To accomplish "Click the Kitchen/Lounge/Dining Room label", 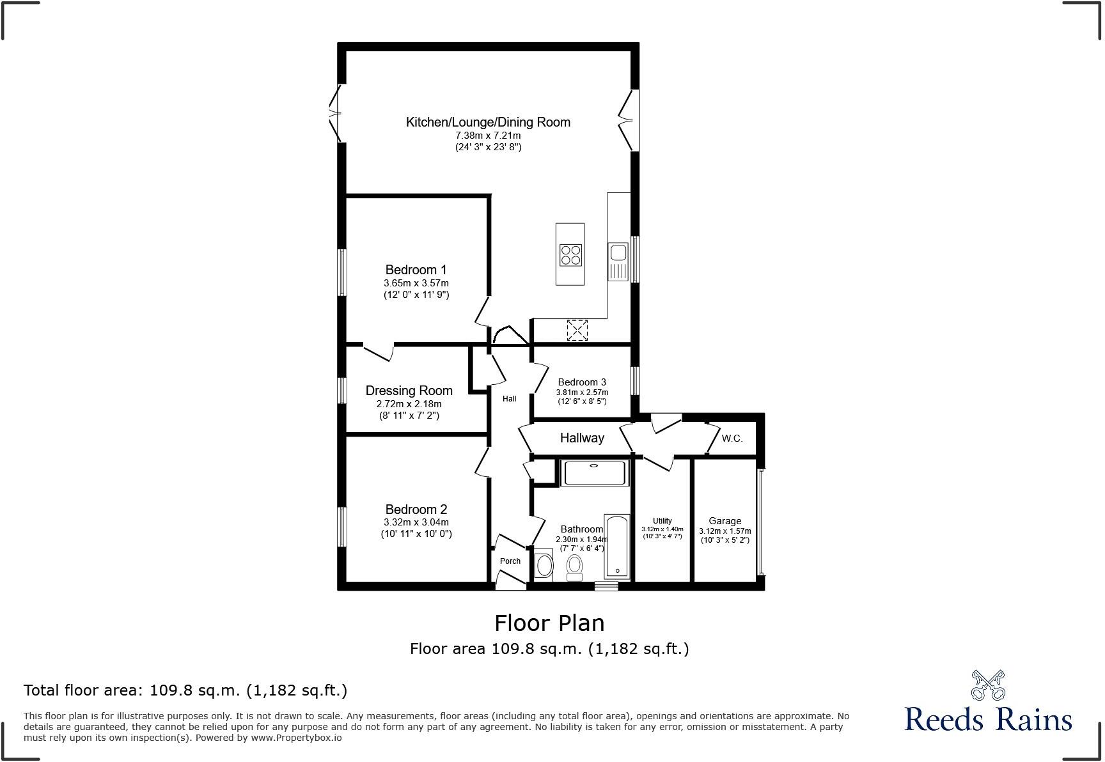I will (488, 122).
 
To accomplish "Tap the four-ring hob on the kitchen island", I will (570, 255).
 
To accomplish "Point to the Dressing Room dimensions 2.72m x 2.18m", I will (409, 404).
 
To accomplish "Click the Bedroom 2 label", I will (416, 509).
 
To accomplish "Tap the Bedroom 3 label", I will (582, 382).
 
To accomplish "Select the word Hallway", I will (582, 438).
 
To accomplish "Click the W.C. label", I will (732, 439).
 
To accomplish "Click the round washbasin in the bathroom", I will (544, 565).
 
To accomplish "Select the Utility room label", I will (662, 521).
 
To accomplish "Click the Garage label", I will (725, 521).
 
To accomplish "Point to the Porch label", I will (510, 561).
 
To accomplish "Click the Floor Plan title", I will (549, 623).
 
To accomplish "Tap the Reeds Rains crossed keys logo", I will (988, 685).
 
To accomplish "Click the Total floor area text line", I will (185, 690).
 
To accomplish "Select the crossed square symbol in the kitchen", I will (577, 330).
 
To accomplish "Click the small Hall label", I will (509, 399).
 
